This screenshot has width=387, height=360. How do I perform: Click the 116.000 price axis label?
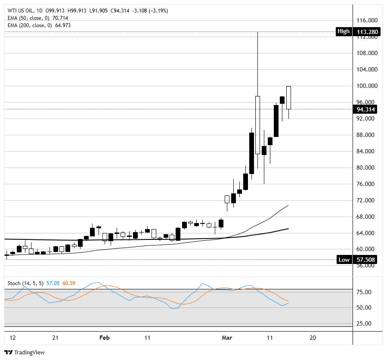tap(367, 21)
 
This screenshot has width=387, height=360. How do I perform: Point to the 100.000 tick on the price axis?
tap(367, 86)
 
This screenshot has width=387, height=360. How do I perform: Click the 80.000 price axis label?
tap(367, 168)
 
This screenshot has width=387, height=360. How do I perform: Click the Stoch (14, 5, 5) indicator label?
tap(25, 283)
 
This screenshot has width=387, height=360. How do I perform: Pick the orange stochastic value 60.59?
tap(69, 283)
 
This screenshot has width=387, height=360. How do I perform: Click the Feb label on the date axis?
tap(105, 338)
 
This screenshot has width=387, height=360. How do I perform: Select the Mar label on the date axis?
tap(226, 338)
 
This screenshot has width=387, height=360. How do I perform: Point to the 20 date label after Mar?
tap(313, 338)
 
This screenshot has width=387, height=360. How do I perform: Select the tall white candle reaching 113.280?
tap(257, 125)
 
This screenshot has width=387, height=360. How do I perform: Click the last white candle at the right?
tap(288, 98)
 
